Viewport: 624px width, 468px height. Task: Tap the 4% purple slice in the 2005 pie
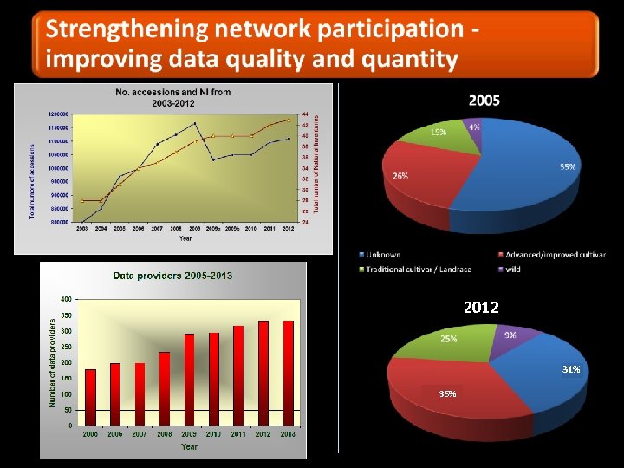click(x=473, y=127)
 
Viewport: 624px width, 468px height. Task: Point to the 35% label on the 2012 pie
click(x=446, y=393)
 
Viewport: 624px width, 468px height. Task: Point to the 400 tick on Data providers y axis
click(x=67, y=299)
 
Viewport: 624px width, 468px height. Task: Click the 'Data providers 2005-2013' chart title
click(x=172, y=276)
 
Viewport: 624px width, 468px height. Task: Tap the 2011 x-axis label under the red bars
click(x=238, y=434)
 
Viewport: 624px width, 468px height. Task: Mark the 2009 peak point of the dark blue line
click(x=195, y=124)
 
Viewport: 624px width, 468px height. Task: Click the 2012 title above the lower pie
click(x=481, y=308)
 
